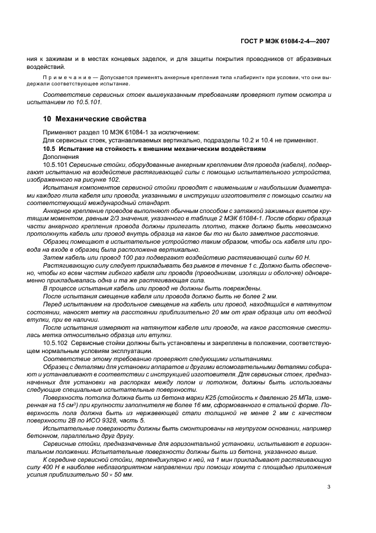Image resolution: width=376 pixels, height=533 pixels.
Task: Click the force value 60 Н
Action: tap(291, 257)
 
